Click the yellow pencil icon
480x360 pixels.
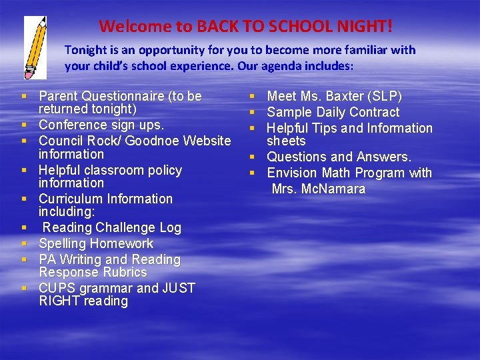pyautogui.click(x=35, y=47)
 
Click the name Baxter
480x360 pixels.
pyautogui.click(x=342, y=96)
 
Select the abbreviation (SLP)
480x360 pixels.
pyautogui.click(x=385, y=96)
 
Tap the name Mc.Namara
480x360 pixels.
pyautogui.click(x=333, y=189)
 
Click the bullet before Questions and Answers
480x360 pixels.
pyautogui.click(x=253, y=157)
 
